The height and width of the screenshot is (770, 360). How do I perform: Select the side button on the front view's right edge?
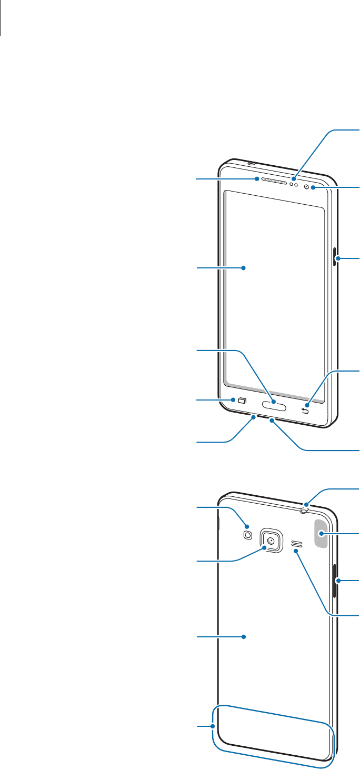coord(334,258)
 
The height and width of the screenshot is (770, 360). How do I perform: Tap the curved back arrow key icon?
coord(305,411)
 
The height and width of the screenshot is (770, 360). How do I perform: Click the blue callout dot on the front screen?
coord(244,268)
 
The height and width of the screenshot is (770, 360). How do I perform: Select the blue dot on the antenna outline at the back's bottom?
coord(213,727)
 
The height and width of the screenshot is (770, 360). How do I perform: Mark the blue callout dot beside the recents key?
coord(232,401)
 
